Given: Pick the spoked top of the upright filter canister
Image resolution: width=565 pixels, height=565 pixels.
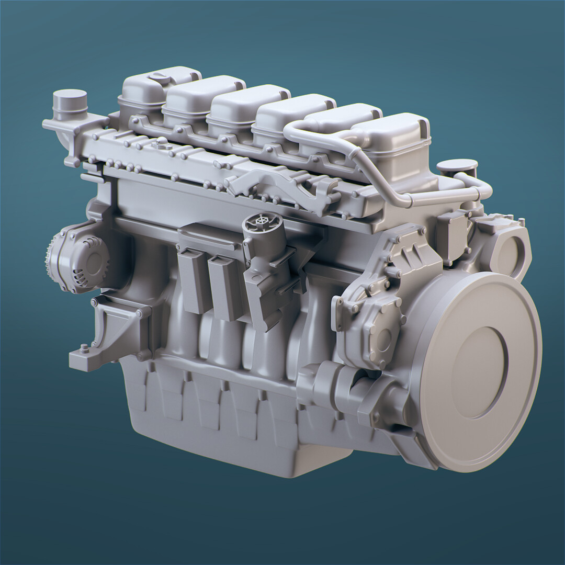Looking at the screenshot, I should pyautogui.click(x=262, y=223).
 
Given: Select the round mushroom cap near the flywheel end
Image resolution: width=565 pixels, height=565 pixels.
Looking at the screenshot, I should pyautogui.click(x=457, y=167).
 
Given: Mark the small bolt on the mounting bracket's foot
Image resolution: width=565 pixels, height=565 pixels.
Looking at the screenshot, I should pyautogui.click(x=84, y=347).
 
